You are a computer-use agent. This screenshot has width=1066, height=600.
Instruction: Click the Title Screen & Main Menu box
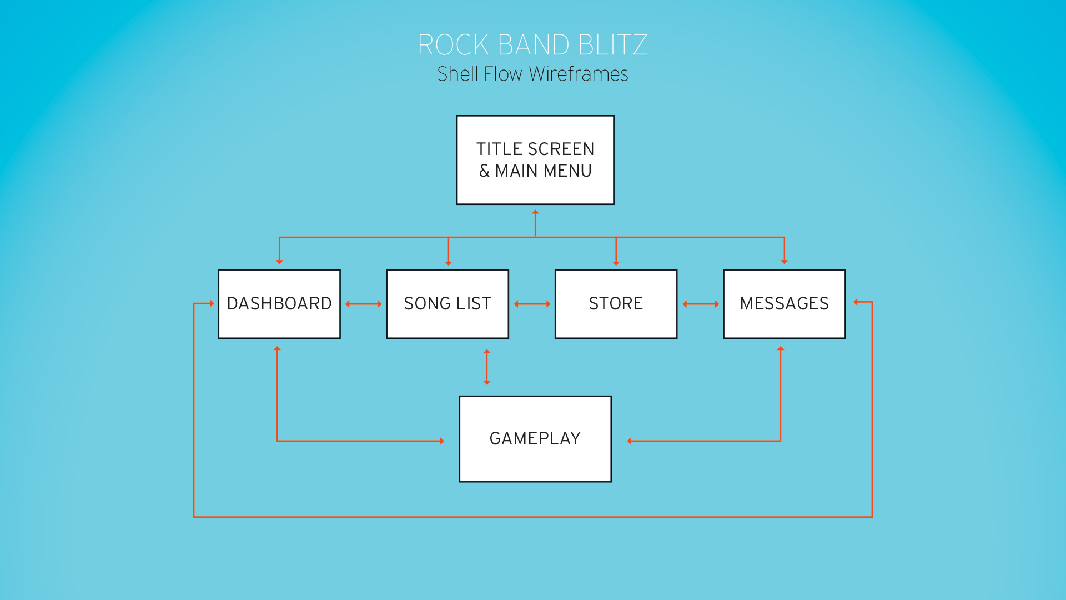pyautogui.click(x=535, y=160)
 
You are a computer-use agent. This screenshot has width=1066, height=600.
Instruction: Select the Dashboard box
pyautogui.click(x=279, y=304)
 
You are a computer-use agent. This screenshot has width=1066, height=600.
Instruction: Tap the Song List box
pyautogui.click(x=447, y=304)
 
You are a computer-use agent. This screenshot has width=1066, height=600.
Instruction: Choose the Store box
pyautogui.click(x=616, y=304)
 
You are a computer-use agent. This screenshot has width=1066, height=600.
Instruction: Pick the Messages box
pyautogui.click(x=784, y=304)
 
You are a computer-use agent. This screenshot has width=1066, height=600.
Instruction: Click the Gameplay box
pyautogui.click(x=535, y=439)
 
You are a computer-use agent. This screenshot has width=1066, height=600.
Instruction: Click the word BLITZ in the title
pyautogui.click(x=612, y=45)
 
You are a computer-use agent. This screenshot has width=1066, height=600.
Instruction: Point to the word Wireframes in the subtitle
pyautogui.click(x=579, y=74)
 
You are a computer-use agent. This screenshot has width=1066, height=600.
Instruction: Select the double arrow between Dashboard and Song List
pyautogui.click(x=364, y=304)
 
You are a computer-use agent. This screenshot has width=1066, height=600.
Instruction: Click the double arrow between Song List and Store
pyautogui.click(x=532, y=304)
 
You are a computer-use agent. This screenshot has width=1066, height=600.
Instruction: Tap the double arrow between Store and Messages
pyautogui.click(x=701, y=304)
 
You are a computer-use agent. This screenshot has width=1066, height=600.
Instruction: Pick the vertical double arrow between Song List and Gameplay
pyautogui.click(x=487, y=367)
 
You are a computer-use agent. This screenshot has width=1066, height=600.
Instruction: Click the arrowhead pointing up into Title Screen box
pyautogui.click(x=535, y=212)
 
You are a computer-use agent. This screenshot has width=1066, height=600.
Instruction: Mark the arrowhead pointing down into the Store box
pyautogui.click(x=616, y=262)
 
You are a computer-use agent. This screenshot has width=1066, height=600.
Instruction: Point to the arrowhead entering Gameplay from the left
pyautogui.click(x=441, y=441)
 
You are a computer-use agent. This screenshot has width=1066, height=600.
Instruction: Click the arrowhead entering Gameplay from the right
pyautogui.click(x=630, y=441)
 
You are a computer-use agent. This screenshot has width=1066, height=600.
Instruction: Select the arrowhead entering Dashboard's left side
pyautogui.click(x=212, y=303)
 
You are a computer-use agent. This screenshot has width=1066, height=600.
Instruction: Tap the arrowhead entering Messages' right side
pyautogui.click(x=856, y=302)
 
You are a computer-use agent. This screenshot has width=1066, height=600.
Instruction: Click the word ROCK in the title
pyautogui.click(x=453, y=45)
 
